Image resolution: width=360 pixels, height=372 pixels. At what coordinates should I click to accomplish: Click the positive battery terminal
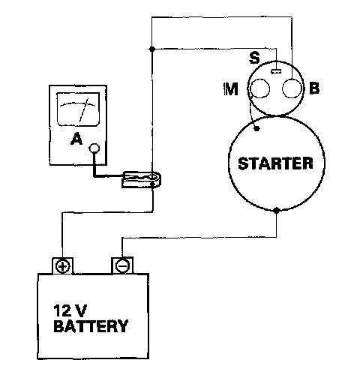tap(62, 265)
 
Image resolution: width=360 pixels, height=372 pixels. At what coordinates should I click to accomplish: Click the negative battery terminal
tap(122, 265)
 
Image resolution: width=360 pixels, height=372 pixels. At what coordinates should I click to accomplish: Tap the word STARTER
tap(275, 163)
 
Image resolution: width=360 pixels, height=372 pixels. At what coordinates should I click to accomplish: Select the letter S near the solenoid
tap(254, 58)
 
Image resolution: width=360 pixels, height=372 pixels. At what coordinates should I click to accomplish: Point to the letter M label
tap(230, 88)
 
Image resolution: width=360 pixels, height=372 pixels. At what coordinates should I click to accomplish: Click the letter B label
tap(314, 88)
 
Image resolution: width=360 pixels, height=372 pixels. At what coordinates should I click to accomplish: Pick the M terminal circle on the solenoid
tap(260, 88)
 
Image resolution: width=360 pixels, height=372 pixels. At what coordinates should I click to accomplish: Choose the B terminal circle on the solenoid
tap(292, 88)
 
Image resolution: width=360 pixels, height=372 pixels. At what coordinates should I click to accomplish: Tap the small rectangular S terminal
tap(276, 71)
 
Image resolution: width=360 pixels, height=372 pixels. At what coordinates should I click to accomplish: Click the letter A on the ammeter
tap(76, 139)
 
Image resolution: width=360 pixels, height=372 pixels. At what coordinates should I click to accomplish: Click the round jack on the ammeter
tap(94, 148)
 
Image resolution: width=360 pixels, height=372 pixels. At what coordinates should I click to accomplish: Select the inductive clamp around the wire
tap(141, 179)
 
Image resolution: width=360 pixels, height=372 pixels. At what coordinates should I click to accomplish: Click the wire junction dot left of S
tap(151, 49)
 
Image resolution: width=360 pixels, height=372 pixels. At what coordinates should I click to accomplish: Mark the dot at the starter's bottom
tap(276, 210)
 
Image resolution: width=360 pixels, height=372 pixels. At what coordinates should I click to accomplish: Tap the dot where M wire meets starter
tap(256, 129)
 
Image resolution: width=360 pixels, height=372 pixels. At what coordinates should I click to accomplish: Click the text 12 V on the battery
tap(70, 310)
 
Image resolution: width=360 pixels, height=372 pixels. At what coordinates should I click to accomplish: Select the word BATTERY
tap(91, 325)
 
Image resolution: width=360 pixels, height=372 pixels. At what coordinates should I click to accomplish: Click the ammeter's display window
tap(78, 109)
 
